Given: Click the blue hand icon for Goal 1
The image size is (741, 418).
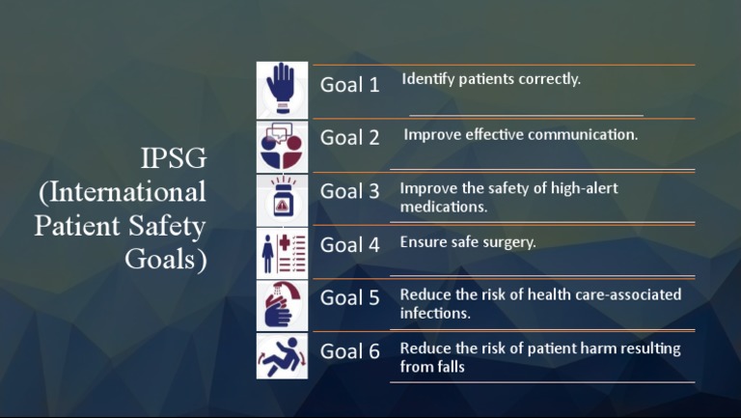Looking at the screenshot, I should pos(282,89).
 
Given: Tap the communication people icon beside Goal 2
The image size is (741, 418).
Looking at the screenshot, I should pos(282,146).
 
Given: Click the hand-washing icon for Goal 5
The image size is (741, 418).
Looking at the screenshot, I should pos(282,305).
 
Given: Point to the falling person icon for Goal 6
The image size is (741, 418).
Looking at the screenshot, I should pos(282,356).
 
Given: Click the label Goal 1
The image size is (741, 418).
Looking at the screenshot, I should pos(349,85).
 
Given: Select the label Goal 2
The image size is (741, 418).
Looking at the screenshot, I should pos(349,138).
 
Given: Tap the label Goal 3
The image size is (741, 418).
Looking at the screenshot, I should pos(349,192).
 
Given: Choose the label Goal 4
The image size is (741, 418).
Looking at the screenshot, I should pos(349,245).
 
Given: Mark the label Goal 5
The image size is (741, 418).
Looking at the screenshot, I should pos(349,298).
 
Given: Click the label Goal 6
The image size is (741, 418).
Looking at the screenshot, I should pos(349,351).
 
